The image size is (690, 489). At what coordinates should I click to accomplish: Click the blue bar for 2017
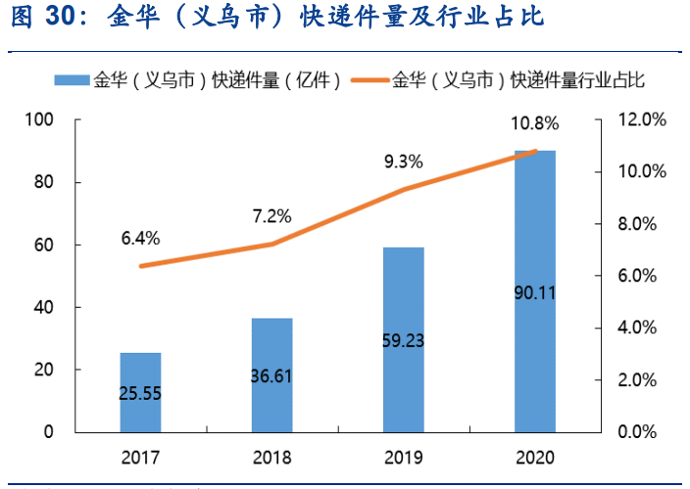click(x=140, y=392)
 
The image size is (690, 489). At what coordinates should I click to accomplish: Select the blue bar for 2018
click(x=271, y=374)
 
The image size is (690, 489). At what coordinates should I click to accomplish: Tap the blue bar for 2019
click(x=404, y=339)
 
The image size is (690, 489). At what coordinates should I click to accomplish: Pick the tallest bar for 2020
click(x=535, y=291)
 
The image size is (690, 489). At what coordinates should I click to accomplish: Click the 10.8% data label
click(x=534, y=123)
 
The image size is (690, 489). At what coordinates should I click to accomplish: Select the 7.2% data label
click(x=271, y=216)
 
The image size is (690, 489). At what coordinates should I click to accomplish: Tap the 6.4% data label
click(x=140, y=238)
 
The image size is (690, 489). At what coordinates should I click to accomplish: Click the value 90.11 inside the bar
click(x=535, y=291)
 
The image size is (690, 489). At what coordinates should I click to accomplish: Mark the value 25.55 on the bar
click(x=140, y=393)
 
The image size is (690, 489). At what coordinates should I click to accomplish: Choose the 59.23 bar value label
click(x=404, y=341)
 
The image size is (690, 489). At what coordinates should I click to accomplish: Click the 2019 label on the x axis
click(x=403, y=458)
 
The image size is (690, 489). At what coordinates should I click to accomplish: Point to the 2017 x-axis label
click(x=140, y=458)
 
